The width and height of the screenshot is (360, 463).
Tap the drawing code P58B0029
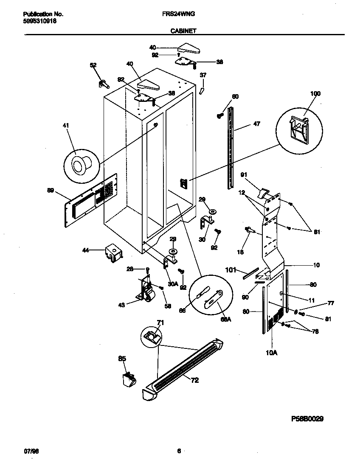(x=308, y=418)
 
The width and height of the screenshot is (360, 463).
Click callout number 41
(x=65, y=126)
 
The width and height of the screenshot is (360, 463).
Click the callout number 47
(x=256, y=124)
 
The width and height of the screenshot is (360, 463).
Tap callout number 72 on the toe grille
(x=194, y=381)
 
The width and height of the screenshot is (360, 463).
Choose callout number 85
(x=122, y=359)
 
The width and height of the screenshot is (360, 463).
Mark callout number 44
(x=86, y=251)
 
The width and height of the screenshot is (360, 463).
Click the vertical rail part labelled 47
(x=231, y=149)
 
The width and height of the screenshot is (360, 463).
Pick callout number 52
(x=93, y=65)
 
